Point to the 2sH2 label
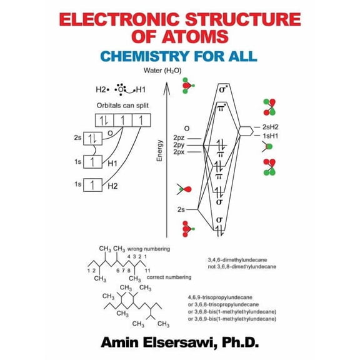(x=271, y=127)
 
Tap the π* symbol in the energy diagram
(x=220, y=109)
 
